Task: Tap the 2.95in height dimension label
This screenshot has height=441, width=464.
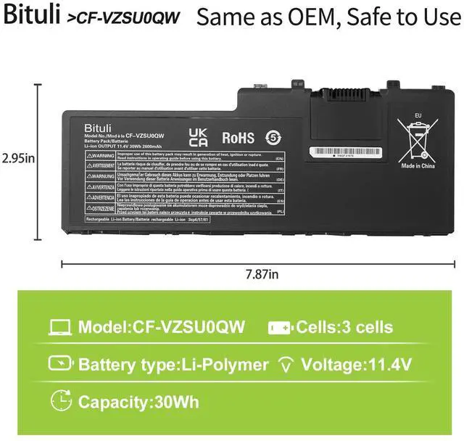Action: click(19, 157)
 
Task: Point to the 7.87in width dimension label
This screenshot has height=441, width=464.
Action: click(262, 274)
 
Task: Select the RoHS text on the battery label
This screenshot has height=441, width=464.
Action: click(237, 136)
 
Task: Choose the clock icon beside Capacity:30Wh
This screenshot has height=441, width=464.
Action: click(59, 400)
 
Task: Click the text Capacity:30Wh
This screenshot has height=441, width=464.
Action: click(138, 401)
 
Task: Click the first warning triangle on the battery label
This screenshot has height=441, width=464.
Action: click(87, 156)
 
